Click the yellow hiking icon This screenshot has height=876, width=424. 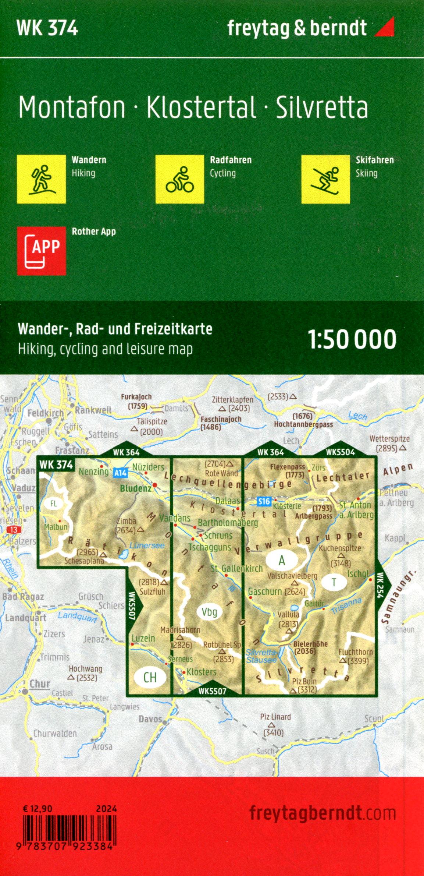[41, 179]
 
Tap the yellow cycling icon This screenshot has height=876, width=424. [179, 179]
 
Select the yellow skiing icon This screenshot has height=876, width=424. [325, 179]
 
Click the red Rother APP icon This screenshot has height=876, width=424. [41, 251]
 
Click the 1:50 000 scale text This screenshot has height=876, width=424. [352, 339]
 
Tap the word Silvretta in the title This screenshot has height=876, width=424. [322, 107]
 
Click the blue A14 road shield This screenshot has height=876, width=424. [120, 473]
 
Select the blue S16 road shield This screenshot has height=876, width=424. [264, 501]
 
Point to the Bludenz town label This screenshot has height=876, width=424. [135, 488]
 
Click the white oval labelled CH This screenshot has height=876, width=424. [150, 677]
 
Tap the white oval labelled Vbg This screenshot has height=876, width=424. [209, 612]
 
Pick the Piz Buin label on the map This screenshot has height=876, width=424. [304, 682]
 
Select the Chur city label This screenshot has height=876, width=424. [39, 684]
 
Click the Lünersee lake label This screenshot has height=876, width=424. [147, 545]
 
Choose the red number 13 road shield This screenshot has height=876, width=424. [14, 530]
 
